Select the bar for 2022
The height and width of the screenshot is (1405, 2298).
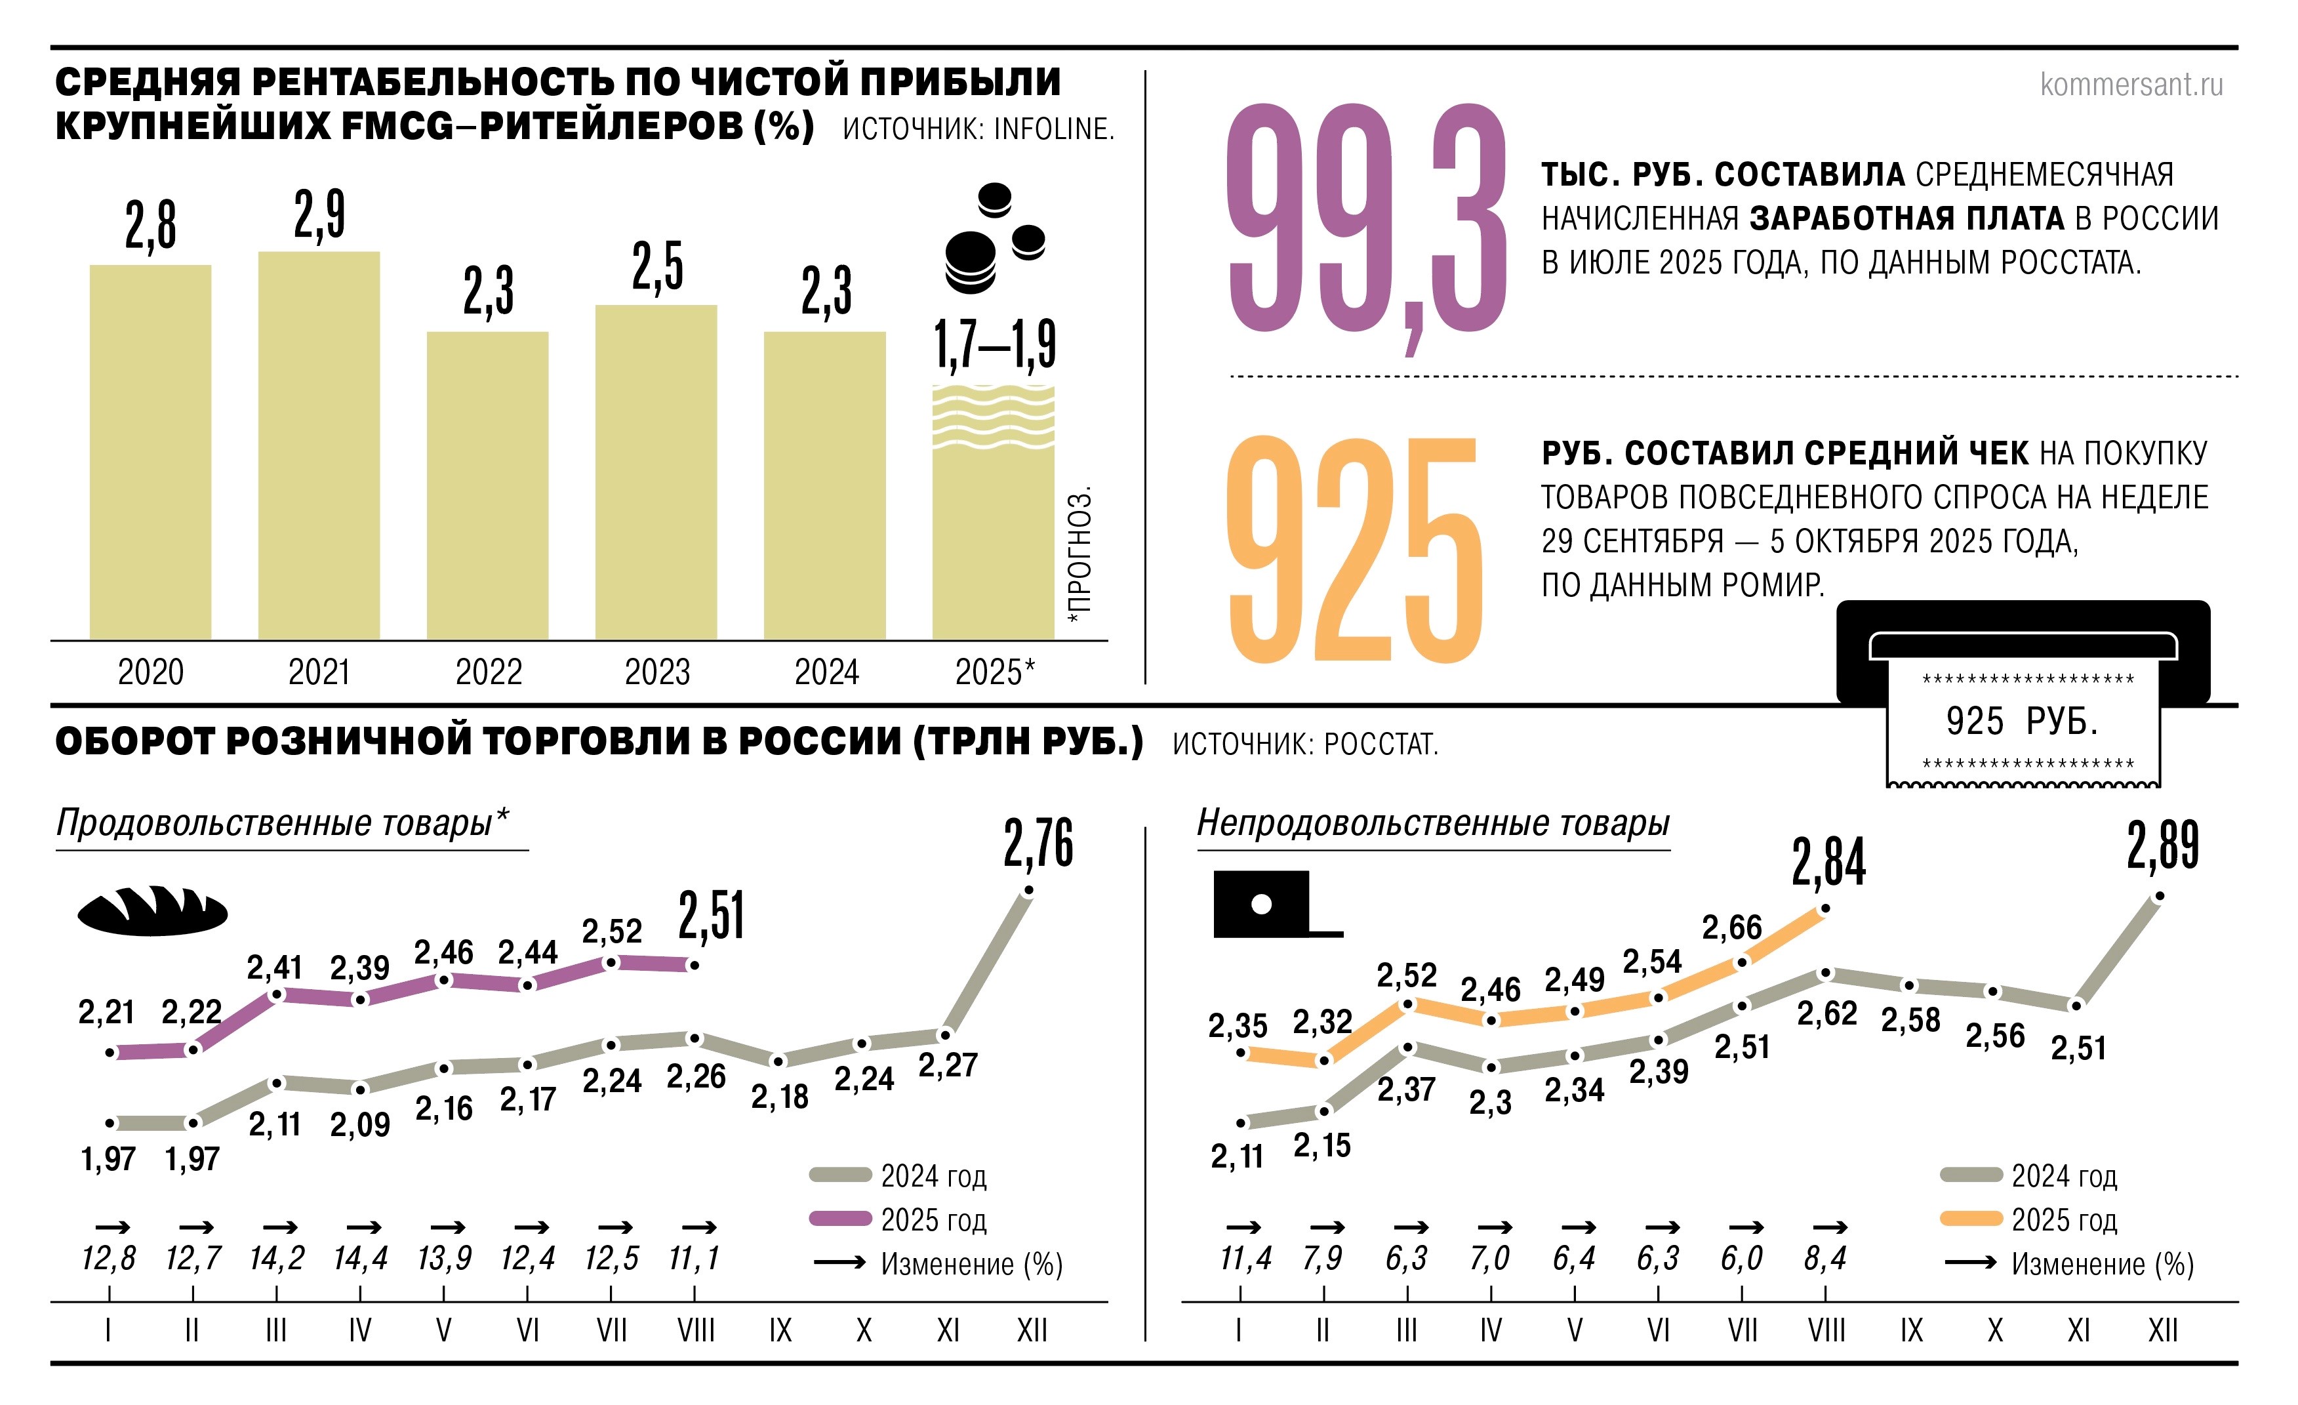[x=488, y=485]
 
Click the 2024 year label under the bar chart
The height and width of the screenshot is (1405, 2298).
[x=826, y=672]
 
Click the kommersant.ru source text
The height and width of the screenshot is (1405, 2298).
[x=2131, y=85]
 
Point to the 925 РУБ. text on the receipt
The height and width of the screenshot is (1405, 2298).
[x=2022, y=721]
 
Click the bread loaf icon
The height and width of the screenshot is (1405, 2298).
[x=152, y=910]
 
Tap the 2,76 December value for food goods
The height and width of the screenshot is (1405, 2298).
[x=1038, y=844]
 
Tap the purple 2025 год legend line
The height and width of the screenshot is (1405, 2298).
[x=840, y=1219]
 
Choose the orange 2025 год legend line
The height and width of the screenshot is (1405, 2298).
[x=1971, y=1219]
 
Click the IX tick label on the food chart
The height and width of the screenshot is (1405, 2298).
[x=780, y=1330]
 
